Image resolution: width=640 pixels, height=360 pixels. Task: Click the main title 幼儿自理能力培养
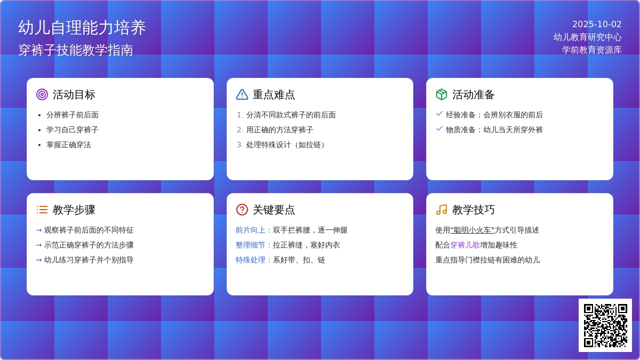click(x=82, y=28)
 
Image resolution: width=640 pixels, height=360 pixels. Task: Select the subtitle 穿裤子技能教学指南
click(x=76, y=50)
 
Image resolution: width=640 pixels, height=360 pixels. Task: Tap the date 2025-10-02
click(x=597, y=25)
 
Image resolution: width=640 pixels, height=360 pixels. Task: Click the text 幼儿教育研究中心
click(x=587, y=37)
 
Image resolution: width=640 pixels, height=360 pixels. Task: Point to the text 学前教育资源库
click(x=591, y=50)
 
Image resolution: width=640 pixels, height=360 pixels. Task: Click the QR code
click(x=605, y=325)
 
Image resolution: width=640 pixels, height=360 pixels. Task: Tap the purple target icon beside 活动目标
click(x=42, y=94)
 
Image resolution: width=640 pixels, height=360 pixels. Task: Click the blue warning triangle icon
click(x=242, y=94)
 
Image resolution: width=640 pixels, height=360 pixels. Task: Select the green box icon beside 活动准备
click(x=442, y=94)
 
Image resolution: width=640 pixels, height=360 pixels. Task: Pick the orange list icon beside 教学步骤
click(x=42, y=210)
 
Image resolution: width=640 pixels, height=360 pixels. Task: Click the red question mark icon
click(x=242, y=210)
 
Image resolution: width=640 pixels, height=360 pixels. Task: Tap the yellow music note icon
click(x=442, y=210)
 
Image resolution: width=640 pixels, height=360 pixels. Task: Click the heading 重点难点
click(x=274, y=94)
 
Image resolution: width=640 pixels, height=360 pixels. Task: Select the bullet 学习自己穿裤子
click(x=73, y=130)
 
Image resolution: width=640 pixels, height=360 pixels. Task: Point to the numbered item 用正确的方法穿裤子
click(x=279, y=130)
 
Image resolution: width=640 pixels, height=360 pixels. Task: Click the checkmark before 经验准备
click(x=439, y=114)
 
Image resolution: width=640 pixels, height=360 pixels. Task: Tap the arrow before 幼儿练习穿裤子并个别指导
click(x=39, y=260)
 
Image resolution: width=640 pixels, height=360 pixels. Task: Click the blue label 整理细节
click(x=250, y=245)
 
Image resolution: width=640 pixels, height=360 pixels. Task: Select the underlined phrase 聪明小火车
click(x=473, y=230)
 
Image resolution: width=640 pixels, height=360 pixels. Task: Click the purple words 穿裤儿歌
click(x=465, y=245)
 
